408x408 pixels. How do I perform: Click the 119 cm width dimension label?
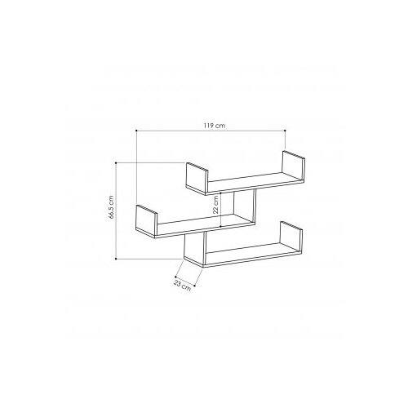click(215, 126)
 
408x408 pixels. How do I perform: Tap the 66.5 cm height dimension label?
click(111, 207)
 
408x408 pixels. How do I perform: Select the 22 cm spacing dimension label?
click(215, 205)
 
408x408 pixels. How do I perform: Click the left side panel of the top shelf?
click(197, 179)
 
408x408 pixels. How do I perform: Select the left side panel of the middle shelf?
click(147, 221)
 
